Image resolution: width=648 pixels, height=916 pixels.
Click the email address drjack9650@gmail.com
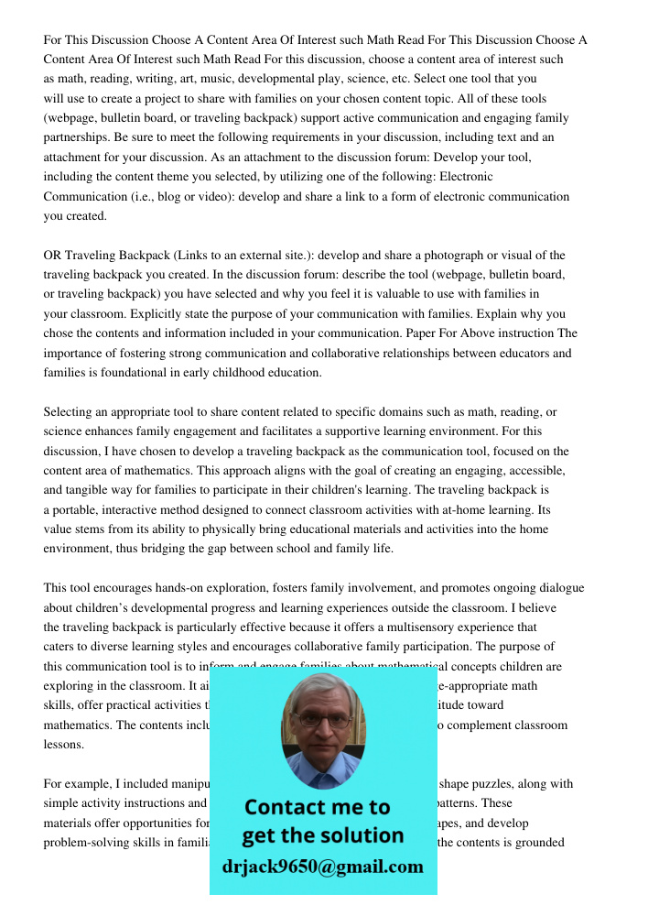(323, 867)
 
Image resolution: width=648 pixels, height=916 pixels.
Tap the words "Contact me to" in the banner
(318, 807)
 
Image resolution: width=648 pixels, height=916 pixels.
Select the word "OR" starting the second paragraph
(52, 255)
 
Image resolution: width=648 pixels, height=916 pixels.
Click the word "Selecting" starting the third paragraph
(69, 411)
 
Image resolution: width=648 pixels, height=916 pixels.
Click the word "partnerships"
(76, 137)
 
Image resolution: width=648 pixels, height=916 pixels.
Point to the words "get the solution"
(323, 835)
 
